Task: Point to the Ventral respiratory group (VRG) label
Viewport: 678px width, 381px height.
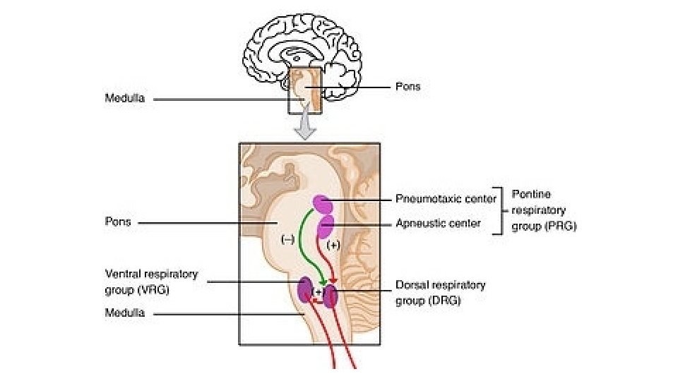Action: (151, 282)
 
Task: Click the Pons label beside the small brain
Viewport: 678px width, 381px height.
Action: (408, 87)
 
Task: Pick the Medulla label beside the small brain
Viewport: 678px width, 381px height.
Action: (124, 99)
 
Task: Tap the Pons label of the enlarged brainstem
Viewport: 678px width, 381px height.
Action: (119, 222)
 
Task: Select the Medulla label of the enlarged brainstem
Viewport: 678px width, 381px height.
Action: (124, 313)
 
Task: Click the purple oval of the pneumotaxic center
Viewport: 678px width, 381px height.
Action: (323, 205)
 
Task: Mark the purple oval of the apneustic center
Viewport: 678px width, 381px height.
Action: (326, 227)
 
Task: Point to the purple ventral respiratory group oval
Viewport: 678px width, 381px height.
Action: (306, 290)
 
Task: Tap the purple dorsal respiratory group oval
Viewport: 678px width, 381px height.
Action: (331, 294)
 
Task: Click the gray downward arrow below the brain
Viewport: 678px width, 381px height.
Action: (304, 127)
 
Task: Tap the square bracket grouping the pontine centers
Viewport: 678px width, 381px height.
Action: (503, 210)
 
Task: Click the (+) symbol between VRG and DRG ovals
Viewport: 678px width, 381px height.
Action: (318, 291)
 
